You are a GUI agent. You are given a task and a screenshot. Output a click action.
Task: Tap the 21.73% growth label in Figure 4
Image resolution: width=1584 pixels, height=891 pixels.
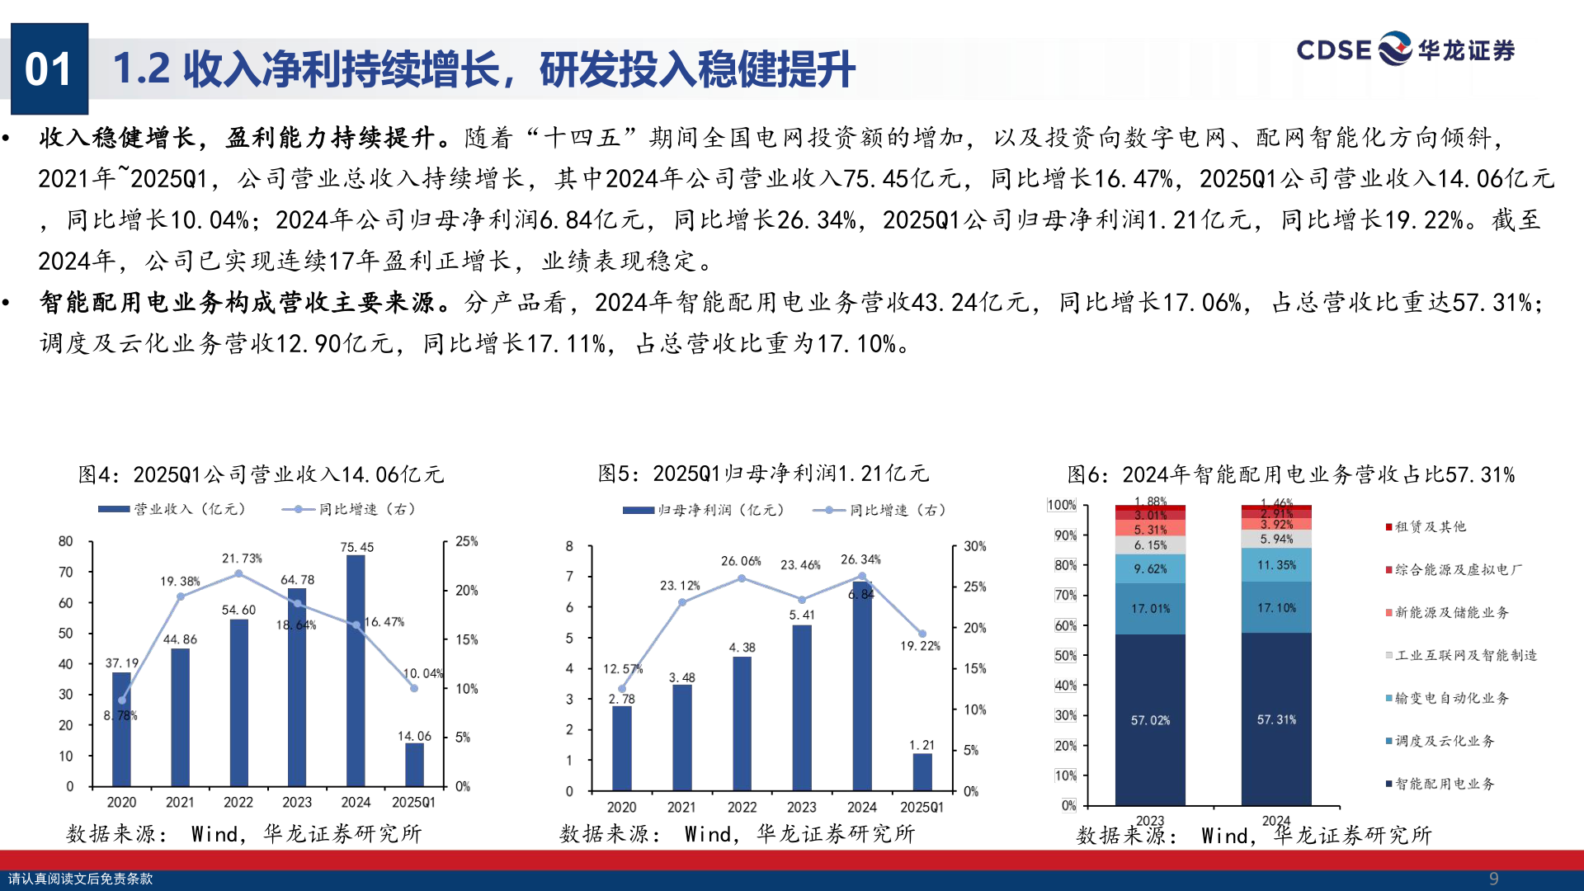[242, 559]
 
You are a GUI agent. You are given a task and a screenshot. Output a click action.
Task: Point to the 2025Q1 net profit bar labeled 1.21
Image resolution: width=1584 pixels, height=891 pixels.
[922, 772]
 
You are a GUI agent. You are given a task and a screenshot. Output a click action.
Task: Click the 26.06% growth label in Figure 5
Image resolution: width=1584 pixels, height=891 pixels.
[741, 561]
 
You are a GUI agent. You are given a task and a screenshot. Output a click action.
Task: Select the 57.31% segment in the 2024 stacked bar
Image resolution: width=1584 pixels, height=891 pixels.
[1276, 719]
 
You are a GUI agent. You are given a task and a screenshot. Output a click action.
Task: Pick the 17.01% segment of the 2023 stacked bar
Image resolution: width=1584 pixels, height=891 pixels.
[1150, 609]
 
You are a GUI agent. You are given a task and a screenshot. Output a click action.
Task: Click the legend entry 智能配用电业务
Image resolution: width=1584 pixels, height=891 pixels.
[1444, 784]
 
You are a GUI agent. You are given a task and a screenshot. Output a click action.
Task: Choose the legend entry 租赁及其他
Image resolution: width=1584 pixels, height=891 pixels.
[1430, 526]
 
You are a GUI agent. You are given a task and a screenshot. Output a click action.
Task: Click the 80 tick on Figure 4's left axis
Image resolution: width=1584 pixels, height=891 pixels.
[66, 541]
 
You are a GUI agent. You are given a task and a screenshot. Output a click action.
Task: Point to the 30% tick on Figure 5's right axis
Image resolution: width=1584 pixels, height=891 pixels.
[975, 546]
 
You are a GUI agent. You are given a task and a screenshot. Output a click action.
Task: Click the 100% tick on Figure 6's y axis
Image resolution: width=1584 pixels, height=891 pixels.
[1062, 505]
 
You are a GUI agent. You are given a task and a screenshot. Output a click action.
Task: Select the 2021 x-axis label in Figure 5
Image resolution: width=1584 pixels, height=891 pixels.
[681, 807]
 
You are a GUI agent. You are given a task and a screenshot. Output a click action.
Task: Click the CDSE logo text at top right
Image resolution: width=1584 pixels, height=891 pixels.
[1333, 50]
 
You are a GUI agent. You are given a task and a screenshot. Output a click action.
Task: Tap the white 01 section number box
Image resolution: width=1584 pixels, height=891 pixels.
[49, 68]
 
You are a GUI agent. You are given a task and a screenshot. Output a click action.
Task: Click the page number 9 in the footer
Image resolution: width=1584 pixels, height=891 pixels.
[1493, 879]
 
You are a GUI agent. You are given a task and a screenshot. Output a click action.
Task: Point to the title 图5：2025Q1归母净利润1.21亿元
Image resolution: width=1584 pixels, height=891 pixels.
[763, 474]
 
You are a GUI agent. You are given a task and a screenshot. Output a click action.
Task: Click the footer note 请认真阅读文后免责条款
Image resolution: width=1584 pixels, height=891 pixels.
[80, 879]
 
